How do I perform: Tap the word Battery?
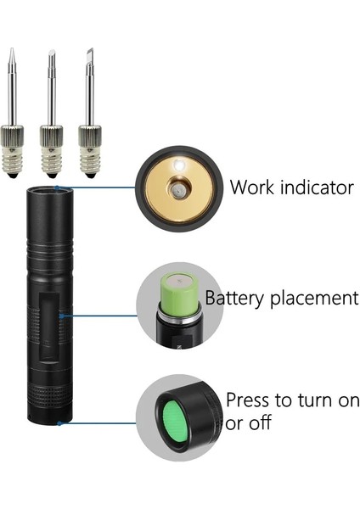tap(235, 299)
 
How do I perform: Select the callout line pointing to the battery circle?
tap(102, 316)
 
